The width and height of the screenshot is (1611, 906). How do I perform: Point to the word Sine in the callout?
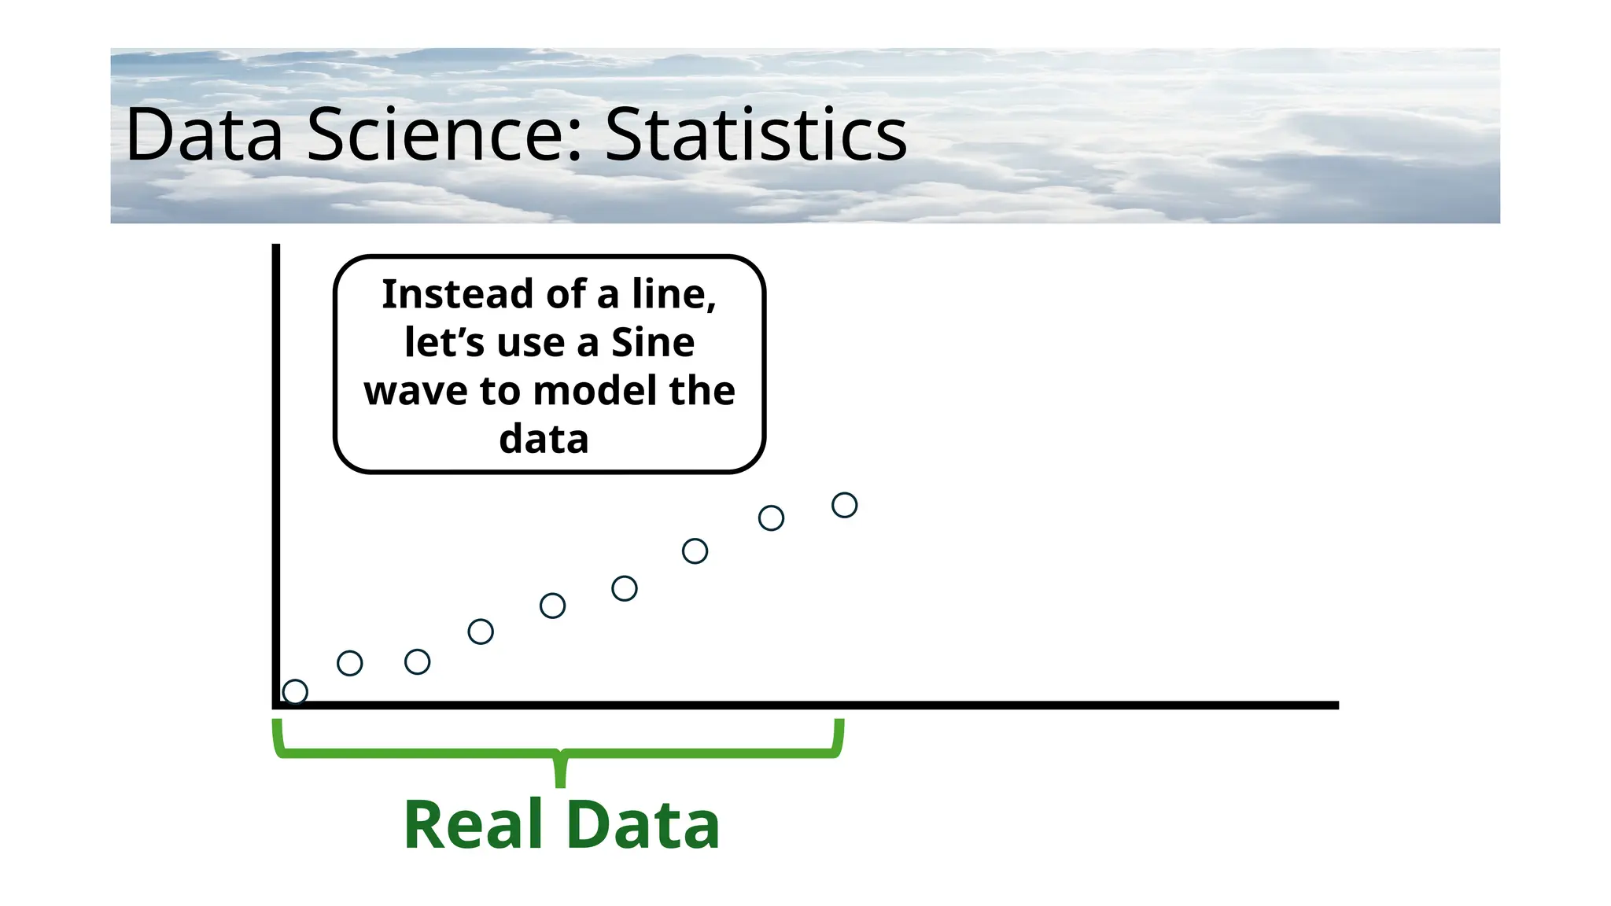[x=653, y=343]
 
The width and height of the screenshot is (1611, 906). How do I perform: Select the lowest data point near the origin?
[x=295, y=692]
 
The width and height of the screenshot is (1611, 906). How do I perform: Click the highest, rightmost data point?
[x=844, y=505]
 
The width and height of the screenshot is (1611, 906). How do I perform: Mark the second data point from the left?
[x=349, y=663]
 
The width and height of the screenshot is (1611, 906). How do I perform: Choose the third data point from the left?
[x=417, y=662]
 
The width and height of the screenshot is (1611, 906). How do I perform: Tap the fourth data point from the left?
[x=481, y=632]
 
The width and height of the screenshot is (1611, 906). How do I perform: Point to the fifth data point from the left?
[x=552, y=606]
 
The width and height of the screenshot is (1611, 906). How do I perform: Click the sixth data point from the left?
[x=624, y=588]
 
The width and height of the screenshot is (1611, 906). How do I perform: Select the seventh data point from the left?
[x=695, y=551]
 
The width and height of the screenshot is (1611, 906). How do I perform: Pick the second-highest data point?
[x=771, y=518]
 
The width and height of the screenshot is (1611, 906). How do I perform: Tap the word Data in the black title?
[x=204, y=135]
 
